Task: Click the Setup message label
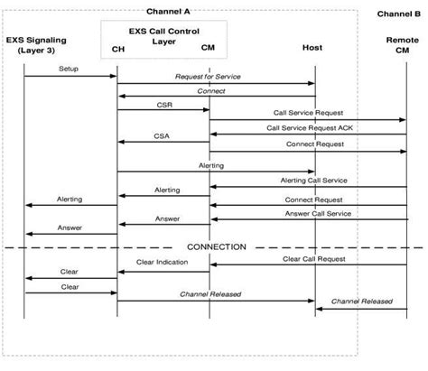pos(69,69)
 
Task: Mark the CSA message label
pos(163,138)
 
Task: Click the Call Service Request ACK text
pos(308,127)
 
